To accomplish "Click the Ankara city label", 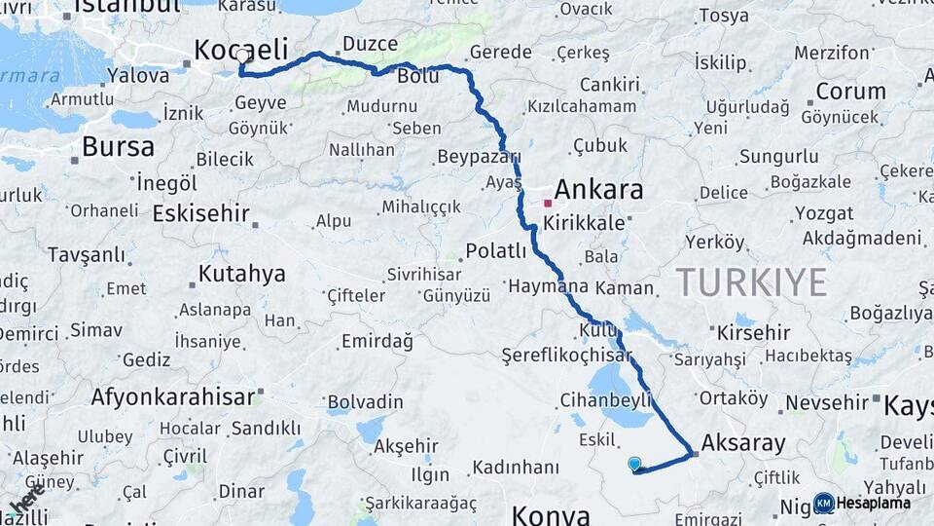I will tap(598, 189).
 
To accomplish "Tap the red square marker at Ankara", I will tap(548, 204).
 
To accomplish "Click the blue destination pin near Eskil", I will tap(635, 465).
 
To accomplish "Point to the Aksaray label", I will tap(742, 443).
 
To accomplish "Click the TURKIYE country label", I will tap(752, 282).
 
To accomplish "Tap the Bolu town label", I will tap(419, 75).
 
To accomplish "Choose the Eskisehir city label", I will tap(201, 213).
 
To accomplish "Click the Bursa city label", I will tap(118, 147).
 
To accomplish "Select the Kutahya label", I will tap(241, 274).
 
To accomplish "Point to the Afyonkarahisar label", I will tap(172, 396).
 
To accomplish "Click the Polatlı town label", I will tap(495, 250).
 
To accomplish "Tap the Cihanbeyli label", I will tap(605, 400).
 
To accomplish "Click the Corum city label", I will tap(850, 92).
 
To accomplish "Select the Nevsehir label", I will tap(826, 401).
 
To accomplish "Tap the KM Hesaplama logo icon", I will tap(824, 503).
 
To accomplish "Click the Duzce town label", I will tap(370, 44).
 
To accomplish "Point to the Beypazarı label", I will tap(479, 157).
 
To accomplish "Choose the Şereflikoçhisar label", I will tap(566, 355).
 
